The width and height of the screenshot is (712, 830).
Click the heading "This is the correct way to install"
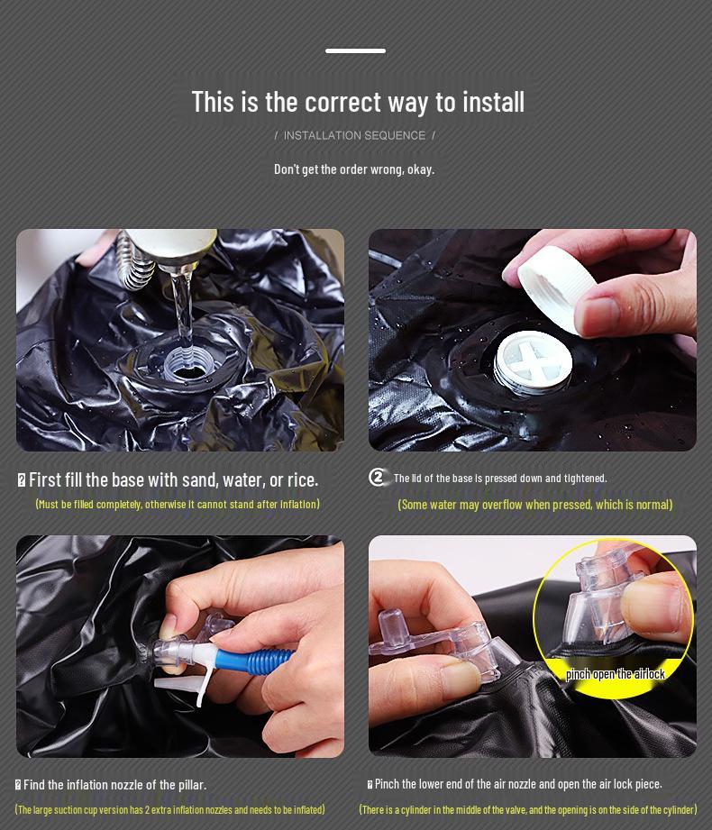coord(358,102)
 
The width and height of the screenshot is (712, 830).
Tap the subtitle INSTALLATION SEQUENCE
coord(354,135)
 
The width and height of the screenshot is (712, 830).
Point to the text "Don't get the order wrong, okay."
coord(354,169)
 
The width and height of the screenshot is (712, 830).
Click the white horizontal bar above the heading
coord(355,50)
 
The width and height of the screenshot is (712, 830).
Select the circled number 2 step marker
coord(378,478)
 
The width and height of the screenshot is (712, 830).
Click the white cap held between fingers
coord(556,288)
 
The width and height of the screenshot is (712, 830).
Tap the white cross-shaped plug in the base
coord(533,362)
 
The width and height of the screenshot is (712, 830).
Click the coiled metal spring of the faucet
coord(136,262)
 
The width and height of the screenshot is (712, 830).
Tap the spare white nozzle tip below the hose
coord(183,687)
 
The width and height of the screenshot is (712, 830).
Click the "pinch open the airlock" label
coord(616,674)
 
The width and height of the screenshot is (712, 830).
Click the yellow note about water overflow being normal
coord(535,505)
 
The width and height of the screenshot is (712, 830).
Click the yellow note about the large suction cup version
coord(170,810)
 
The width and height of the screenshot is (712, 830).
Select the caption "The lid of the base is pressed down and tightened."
coord(500,478)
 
